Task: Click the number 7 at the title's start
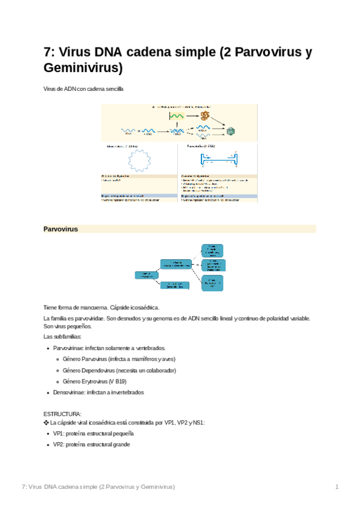48,52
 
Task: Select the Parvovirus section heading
61,229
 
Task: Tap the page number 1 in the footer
337,486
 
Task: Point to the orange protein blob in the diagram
206,115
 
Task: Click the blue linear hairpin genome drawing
219,160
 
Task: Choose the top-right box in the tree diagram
212,250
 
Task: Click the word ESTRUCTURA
63,414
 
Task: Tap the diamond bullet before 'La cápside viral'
46,423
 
